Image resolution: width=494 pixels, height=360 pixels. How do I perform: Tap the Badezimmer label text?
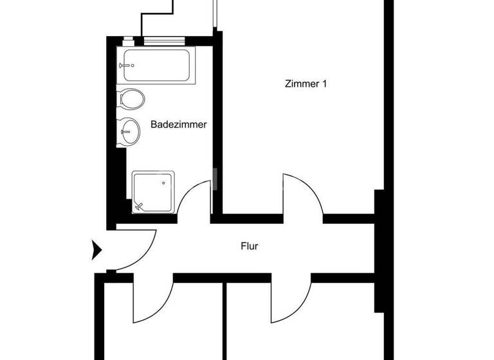[178, 125]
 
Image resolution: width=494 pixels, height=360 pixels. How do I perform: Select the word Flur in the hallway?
[249, 245]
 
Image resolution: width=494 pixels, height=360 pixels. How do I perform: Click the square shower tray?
[153, 191]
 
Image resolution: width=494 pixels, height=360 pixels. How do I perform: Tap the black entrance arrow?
[97, 249]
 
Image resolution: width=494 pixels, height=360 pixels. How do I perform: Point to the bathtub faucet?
[127, 65]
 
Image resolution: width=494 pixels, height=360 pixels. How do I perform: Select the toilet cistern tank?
[122, 100]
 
